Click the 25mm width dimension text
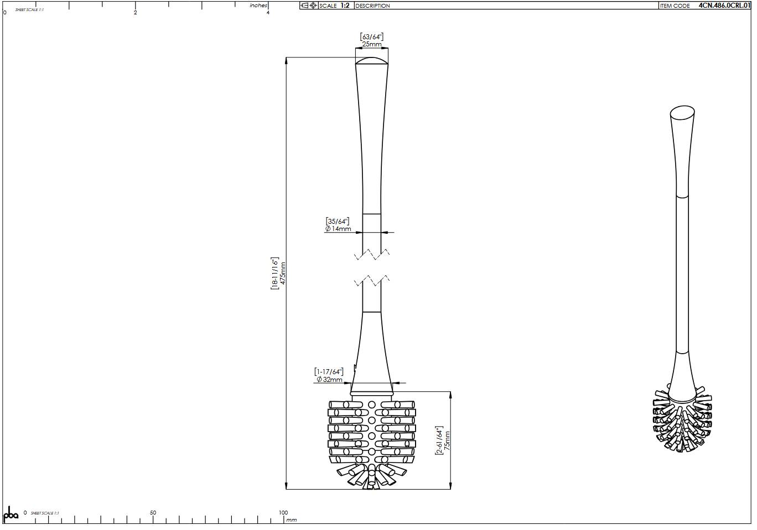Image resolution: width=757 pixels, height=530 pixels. click(x=372, y=44)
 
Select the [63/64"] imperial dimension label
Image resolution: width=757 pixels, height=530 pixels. click(x=372, y=36)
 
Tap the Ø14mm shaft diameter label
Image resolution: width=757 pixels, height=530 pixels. click(x=338, y=229)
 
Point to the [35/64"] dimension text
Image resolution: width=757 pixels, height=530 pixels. click(x=338, y=221)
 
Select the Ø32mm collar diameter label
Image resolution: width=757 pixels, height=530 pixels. click(x=329, y=380)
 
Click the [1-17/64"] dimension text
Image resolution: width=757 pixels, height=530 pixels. click(x=329, y=371)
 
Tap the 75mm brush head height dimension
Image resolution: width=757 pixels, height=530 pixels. click(x=447, y=440)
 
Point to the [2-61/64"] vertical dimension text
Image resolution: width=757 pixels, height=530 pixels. click(x=439, y=440)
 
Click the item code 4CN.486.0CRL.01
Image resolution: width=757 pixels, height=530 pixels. click(x=724, y=6)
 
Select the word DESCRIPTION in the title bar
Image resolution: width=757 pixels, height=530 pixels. click(x=372, y=6)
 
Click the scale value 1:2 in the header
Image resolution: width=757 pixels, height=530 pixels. click(x=345, y=6)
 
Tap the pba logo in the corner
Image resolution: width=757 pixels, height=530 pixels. click(x=11, y=514)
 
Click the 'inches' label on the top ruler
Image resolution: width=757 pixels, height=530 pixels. click(x=258, y=6)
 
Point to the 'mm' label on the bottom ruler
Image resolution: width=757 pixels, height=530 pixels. click(x=292, y=520)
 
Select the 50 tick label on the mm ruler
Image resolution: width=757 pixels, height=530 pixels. click(x=153, y=513)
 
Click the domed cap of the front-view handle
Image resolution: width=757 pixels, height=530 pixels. click(x=371, y=60)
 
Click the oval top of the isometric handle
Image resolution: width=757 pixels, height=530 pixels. click(x=682, y=113)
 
